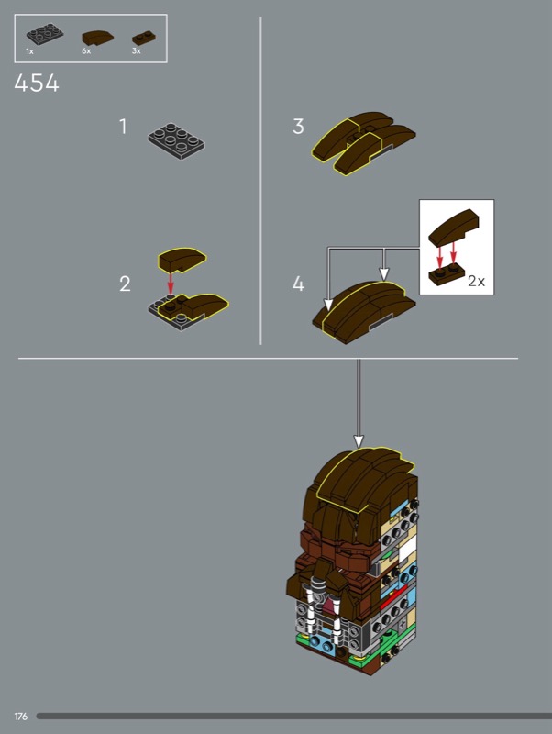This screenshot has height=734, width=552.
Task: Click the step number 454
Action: coord(37,83)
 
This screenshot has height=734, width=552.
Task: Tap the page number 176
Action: coord(20,717)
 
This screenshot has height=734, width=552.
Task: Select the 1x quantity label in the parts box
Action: coord(30,51)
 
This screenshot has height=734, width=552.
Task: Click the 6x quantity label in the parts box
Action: coord(86,51)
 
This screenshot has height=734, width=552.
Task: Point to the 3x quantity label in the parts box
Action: coord(136,51)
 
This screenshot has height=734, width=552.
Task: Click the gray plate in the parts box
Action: coord(45,35)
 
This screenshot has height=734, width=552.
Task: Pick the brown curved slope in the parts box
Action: coord(98,38)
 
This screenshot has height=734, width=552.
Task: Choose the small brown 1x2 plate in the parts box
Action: coord(144,38)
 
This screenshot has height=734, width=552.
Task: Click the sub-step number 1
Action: coord(123,127)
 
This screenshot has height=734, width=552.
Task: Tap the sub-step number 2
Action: coord(125,284)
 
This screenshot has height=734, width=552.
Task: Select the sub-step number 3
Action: coord(298,127)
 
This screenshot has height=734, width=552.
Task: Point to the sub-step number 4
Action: coord(298,284)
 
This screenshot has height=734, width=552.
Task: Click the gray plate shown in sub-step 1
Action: coord(176,141)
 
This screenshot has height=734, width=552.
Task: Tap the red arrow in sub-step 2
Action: coord(171,284)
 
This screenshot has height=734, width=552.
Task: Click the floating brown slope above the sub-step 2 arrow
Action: coord(182,260)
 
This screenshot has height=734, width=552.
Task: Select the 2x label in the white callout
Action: coord(477,281)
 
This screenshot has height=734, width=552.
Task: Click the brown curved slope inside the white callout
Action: coord(455,228)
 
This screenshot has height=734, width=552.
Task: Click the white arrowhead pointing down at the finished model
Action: coord(359,441)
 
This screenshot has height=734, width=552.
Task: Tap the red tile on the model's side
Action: coord(392,600)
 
